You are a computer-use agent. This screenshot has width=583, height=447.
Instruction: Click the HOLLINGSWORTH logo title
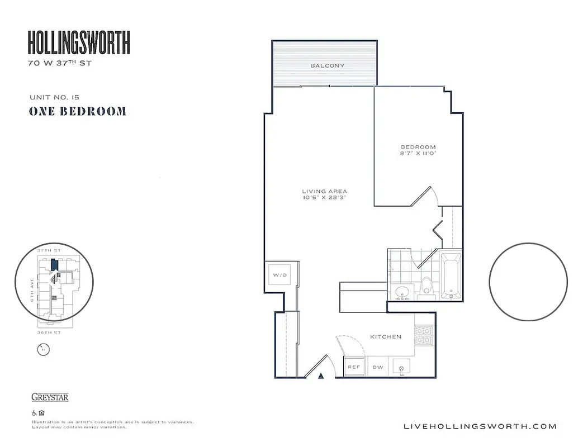pos(79,43)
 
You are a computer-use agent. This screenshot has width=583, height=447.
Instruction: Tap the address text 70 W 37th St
pos(60,63)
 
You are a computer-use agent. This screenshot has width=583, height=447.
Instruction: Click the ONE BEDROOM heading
pos(77,111)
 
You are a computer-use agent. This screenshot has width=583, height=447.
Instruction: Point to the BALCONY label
pos(328,66)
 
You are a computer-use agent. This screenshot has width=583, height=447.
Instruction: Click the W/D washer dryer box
pos(279,275)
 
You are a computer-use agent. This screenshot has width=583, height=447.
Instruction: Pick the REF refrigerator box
pos(354,367)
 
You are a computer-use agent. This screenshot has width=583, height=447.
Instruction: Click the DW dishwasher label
pos(377,367)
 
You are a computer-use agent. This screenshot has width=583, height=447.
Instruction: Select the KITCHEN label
pos(386,337)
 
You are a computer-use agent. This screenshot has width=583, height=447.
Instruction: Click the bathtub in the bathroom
pos(451,275)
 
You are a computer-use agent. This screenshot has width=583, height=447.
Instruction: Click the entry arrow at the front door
pos(321,376)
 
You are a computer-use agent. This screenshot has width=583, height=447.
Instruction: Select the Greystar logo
pos(50,397)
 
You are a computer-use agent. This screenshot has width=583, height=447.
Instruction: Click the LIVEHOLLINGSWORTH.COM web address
pos(480,426)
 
